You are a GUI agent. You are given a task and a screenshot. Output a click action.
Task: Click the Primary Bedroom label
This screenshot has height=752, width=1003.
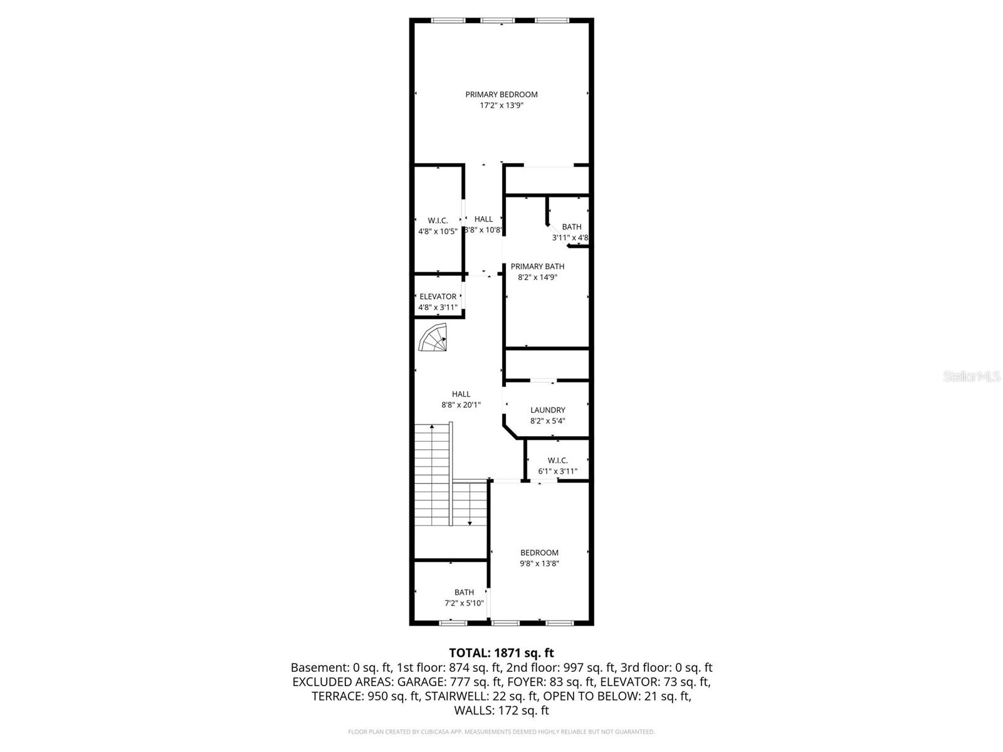point(501,95)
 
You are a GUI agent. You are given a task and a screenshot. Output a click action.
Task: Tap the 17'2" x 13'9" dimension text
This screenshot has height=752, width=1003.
point(501,106)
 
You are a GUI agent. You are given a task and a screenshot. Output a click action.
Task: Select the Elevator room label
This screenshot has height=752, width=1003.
point(438,296)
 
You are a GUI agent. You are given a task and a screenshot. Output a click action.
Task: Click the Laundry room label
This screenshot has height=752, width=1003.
point(547,410)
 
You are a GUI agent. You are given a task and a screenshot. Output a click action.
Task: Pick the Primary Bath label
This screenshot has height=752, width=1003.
point(537,266)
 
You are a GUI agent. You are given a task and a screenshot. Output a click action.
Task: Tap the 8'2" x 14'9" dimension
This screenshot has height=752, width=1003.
point(537,277)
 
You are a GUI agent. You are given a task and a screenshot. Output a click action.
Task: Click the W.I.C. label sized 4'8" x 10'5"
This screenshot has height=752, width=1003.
point(438,221)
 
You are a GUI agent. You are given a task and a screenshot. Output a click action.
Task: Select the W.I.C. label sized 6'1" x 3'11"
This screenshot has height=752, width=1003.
point(557,461)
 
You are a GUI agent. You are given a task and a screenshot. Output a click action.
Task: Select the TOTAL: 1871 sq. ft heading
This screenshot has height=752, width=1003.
point(501,653)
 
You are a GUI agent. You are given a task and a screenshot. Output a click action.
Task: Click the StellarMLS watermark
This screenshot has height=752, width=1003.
point(972,376)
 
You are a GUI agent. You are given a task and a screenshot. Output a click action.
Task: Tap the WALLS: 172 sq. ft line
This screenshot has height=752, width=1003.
point(501,711)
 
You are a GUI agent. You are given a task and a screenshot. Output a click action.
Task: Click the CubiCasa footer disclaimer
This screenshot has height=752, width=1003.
point(501,731)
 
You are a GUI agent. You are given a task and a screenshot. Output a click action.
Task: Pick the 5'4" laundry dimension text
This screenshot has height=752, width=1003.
point(557,421)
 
